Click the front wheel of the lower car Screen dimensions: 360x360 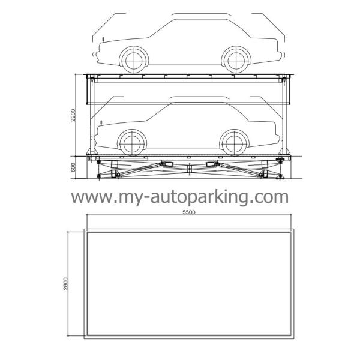(133, 142)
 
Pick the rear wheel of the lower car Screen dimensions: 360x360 (235, 142)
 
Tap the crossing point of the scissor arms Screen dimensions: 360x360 (190, 170)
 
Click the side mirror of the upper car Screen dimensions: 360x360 (103, 39)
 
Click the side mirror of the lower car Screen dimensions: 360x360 (103, 122)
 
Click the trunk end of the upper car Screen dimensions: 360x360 (275, 48)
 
